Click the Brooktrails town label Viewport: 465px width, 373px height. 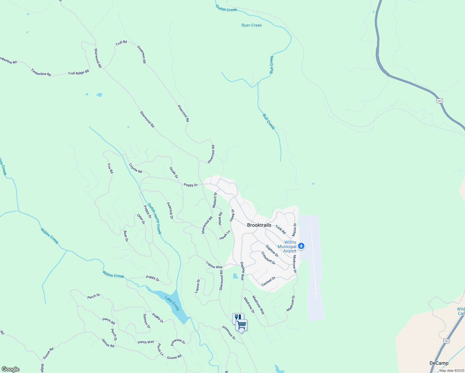pyautogui.click(x=259, y=225)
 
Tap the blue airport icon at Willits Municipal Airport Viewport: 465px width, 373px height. pyautogui.click(x=301, y=246)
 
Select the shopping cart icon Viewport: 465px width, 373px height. pyautogui.click(x=242, y=325)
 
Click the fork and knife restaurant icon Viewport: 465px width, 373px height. pyautogui.click(x=237, y=317)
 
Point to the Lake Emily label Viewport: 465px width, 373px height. pyautogui.click(x=172, y=303)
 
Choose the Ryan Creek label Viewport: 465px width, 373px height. pyautogui.click(x=251, y=25)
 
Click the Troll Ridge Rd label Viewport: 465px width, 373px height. pyautogui.click(x=78, y=73)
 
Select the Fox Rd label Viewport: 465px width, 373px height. pyautogui.click(x=110, y=168)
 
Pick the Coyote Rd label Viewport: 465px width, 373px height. pyautogui.click(x=136, y=168)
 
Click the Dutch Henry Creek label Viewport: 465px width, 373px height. pyautogui.click(x=154, y=219)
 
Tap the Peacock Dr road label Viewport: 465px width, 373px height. pyautogui.click(x=170, y=210)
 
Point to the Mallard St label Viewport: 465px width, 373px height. pyautogui.click(x=214, y=200)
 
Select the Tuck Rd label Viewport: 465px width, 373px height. pyautogui.click(x=280, y=230)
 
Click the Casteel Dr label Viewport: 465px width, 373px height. pyautogui.click(x=268, y=281)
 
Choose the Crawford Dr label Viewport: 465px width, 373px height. pyautogui.click(x=268, y=258)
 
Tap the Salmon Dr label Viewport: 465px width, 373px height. pyautogui.click(x=146, y=321)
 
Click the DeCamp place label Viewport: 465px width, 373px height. pyautogui.click(x=439, y=363)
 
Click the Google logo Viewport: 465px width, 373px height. pyautogui.click(x=10, y=369)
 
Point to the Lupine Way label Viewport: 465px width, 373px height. pyautogui.click(x=214, y=265)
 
